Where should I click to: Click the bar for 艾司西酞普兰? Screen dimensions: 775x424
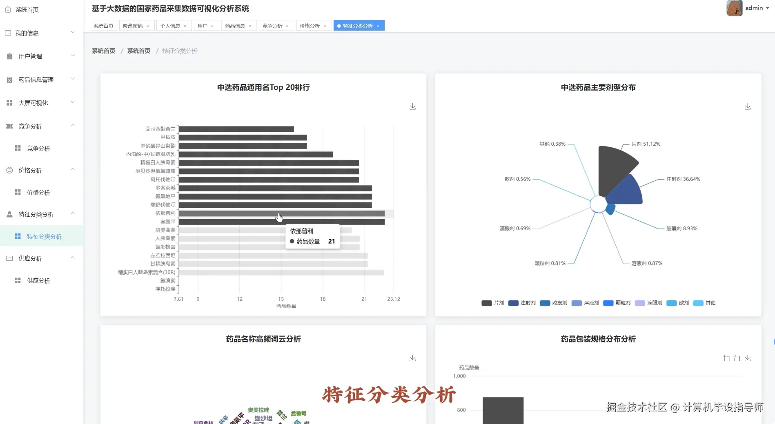(236, 129)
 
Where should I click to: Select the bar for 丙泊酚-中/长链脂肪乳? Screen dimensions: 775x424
(256, 154)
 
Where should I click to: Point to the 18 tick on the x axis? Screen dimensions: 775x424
(323, 299)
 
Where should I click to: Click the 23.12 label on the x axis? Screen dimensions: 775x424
(393, 299)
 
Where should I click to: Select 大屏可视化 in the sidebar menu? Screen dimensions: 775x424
(33, 103)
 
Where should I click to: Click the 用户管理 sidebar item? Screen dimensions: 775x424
(30, 56)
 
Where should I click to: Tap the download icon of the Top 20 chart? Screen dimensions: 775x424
(412, 107)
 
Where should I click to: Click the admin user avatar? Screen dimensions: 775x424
(734, 8)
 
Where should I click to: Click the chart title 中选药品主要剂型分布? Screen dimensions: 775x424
(598, 87)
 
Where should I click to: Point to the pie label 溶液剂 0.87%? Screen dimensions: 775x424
(647, 263)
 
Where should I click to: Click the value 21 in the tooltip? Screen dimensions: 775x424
(331, 241)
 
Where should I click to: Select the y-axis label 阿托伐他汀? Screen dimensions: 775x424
(163, 180)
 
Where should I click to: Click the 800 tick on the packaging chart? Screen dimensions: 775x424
(461, 410)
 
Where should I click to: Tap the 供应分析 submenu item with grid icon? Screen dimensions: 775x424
(38, 280)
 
